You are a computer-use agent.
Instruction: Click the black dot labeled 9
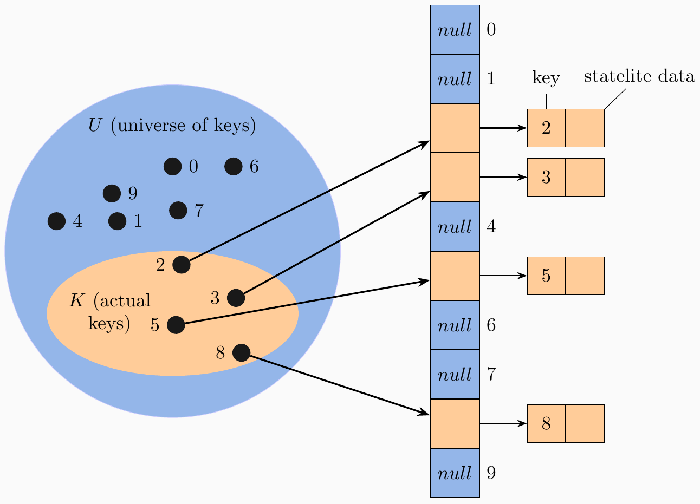pos(112,193)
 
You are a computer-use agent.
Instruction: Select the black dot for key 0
pos(172,167)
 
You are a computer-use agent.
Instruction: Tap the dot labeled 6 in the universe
pos(233,167)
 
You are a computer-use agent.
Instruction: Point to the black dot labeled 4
pos(56,221)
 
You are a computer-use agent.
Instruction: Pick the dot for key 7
pos(178,210)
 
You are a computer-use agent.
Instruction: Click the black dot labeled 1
pos(117,221)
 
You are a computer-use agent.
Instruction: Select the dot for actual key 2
pos(181,265)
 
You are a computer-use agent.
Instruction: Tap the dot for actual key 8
pos(241,353)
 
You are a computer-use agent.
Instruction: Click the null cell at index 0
pos(455,30)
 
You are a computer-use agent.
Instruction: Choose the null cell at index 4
pos(455,227)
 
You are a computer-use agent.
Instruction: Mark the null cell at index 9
pos(455,473)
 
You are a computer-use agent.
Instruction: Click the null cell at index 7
pos(455,375)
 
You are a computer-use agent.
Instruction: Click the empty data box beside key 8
pos(585,423)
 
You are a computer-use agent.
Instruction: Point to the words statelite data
pos(639,77)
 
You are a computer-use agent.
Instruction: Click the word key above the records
pos(546,78)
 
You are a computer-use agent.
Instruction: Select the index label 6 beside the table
pos(491,325)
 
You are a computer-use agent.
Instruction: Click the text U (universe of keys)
pos(172,126)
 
